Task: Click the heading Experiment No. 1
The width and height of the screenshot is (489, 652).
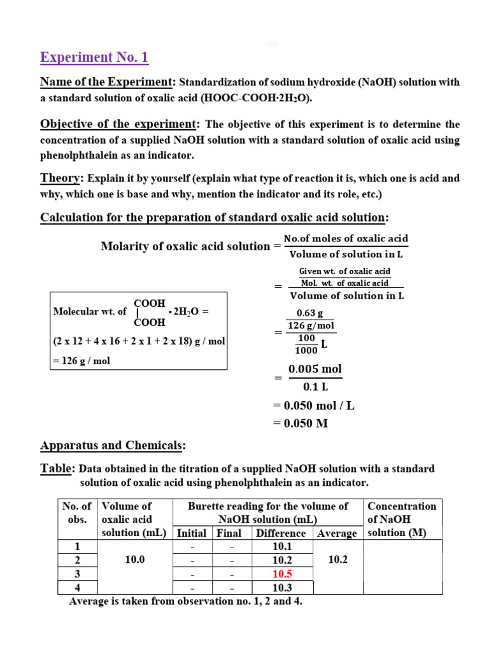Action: [x=94, y=57]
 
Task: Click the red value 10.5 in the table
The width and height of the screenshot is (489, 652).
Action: [x=281, y=574]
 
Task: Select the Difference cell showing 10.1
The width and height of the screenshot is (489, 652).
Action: [x=281, y=546]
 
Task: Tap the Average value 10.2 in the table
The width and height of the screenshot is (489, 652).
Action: [x=337, y=560]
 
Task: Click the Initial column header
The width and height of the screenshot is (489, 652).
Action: [x=192, y=533]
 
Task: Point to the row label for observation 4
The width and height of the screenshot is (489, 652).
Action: [x=77, y=587]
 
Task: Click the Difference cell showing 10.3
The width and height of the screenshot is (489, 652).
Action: [x=281, y=587]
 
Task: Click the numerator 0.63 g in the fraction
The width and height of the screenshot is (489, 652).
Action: [x=310, y=313]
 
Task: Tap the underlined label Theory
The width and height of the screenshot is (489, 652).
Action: [x=62, y=178]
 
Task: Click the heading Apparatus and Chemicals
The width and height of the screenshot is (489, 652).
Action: [x=113, y=444]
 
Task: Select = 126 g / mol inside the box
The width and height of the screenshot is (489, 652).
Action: [x=81, y=360]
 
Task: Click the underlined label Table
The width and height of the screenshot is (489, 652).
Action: [x=57, y=469]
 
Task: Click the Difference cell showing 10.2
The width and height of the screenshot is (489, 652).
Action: [x=281, y=560]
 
